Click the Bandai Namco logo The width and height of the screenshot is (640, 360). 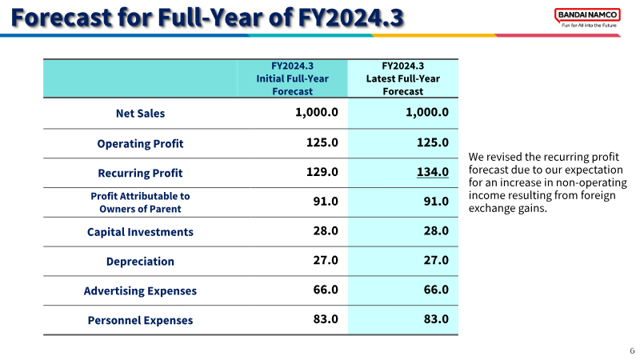(587, 18)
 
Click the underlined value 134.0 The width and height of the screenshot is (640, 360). (433, 172)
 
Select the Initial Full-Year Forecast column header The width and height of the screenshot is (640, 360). (292, 78)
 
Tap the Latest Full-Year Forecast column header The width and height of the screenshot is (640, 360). (403, 78)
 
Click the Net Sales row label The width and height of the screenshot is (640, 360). (141, 113)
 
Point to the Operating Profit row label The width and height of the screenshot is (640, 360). (141, 144)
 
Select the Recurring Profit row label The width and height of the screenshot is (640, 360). (141, 173)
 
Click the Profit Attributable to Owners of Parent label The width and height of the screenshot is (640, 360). (141, 202)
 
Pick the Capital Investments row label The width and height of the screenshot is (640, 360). (141, 232)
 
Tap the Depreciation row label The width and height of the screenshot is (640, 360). (141, 262)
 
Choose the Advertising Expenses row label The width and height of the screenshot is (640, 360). (141, 290)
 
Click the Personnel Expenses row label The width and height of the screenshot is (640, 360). (141, 320)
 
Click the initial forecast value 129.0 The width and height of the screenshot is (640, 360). (322, 172)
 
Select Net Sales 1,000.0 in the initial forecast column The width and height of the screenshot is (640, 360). (317, 112)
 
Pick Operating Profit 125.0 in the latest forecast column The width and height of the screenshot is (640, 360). (433, 142)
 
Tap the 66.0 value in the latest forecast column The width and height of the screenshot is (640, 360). (436, 290)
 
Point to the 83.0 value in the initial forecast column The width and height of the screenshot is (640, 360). (326, 318)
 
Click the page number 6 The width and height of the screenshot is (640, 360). (632, 350)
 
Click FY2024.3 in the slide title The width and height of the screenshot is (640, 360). (350, 18)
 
